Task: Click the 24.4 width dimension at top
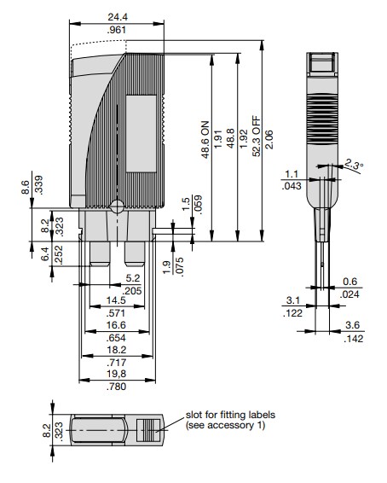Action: pyautogui.click(x=118, y=16)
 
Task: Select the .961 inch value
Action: pyautogui.click(x=118, y=30)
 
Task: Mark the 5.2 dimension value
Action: pyautogui.click(x=132, y=277)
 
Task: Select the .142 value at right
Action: pyautogui.click(x=353, y=338)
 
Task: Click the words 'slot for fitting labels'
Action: pyautogui.click(x=228, y=415)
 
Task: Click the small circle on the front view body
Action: pyautogui.click(x=116, y=205)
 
